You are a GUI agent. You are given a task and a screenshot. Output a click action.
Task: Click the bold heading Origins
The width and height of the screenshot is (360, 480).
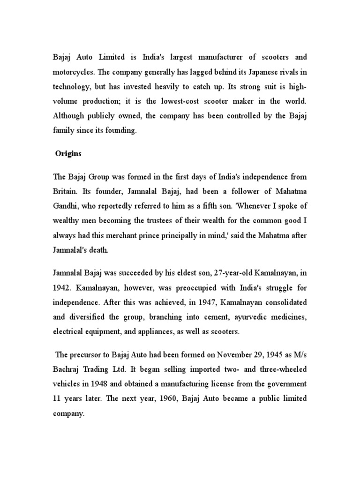[68, 153]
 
